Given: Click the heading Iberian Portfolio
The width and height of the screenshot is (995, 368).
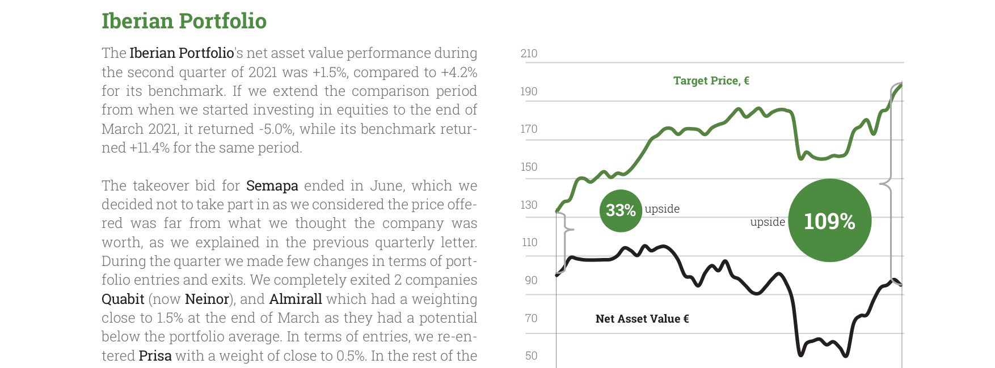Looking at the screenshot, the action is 184,21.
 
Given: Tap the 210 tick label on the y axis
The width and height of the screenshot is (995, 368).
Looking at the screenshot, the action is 529,53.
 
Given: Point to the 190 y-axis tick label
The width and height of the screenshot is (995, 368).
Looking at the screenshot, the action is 529,91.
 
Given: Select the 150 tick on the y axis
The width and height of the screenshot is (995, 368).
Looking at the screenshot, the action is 529,167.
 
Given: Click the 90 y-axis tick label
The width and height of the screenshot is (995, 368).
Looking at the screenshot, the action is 531,280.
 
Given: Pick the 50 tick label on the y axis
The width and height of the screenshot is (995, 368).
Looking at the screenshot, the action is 531,356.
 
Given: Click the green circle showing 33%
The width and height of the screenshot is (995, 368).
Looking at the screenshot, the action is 621,210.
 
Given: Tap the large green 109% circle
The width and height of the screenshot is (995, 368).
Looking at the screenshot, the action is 830,221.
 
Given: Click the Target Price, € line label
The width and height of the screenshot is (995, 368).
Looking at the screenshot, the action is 711,81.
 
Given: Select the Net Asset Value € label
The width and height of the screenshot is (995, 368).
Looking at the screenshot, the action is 642,319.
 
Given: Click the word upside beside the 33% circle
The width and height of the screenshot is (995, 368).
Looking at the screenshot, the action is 662,209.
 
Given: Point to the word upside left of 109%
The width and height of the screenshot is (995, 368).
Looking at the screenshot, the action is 768,222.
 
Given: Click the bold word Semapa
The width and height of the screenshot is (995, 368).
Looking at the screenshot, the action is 272,186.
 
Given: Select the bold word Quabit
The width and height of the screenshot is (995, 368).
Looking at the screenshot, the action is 123,299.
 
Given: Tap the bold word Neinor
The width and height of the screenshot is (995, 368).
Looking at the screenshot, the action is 207,299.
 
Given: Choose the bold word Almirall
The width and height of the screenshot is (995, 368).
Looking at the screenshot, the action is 296,299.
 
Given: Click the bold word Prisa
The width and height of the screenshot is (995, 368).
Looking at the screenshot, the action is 155,356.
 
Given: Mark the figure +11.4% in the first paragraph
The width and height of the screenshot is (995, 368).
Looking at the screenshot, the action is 150,148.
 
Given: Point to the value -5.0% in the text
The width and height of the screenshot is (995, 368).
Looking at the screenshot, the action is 276,129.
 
